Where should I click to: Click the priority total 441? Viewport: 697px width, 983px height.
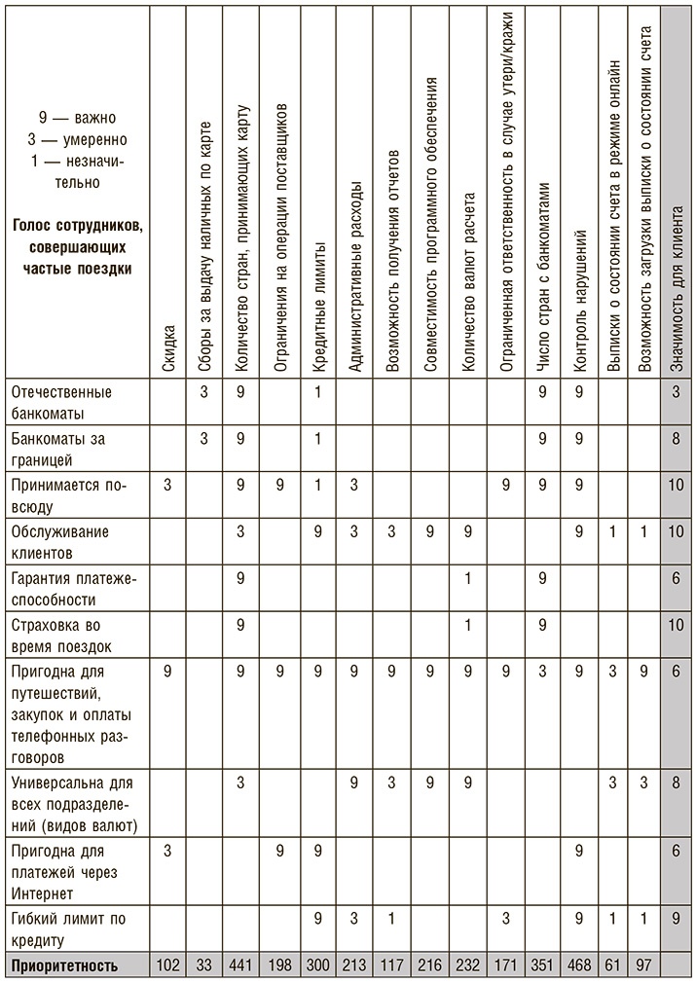[x=241, y=966]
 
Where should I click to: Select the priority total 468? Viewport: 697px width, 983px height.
[x=580, y=966]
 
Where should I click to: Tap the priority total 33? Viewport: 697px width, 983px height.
[x=204, y=966]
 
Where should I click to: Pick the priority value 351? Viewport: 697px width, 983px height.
[x=543, y=966]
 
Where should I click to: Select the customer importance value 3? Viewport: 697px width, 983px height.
[x=678, y=392]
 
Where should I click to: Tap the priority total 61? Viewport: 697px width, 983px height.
[x=614, y=966]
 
